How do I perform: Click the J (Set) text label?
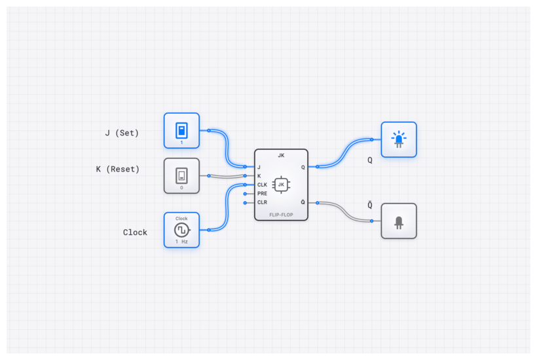(122, 133)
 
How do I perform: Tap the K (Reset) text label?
(118, 169)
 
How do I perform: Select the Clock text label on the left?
(135, 232)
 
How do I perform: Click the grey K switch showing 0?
(181, 175)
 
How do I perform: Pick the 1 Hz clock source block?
(181, 230)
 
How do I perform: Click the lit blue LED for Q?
(398, 139)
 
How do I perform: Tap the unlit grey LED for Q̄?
(398, 221)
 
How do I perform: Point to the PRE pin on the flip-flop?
(262, 194)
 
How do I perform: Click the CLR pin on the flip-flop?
(262, 202)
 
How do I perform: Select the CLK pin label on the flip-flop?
(262, 185)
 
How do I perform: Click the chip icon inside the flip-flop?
(281, 185)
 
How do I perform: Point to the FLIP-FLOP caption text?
(281, 215)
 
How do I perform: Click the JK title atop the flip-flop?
(281, 156)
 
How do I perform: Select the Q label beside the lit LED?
(370, 160)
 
